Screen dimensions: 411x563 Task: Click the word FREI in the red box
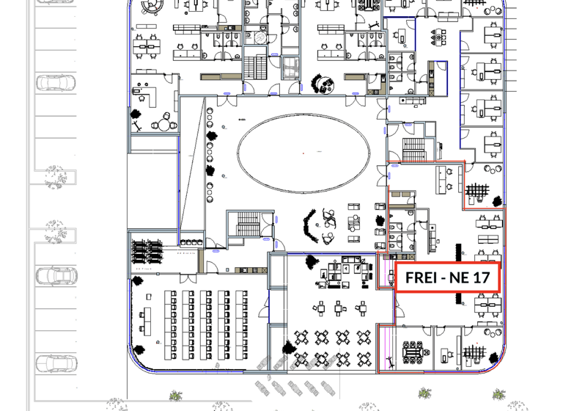point(421,278)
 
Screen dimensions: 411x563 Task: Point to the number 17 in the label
point(481,278)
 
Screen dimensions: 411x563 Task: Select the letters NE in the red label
point(456,278)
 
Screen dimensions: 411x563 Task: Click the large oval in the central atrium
point(303,153)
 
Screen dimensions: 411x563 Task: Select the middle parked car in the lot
point(55,276)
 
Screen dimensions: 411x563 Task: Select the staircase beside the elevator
point(256,68)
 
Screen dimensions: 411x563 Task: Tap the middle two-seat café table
point(339,308)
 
